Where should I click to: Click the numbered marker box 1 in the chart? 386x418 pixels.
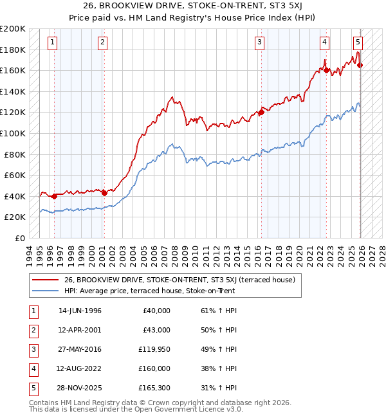52,42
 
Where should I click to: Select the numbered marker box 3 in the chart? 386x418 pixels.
259,42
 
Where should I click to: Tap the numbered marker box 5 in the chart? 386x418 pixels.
358,42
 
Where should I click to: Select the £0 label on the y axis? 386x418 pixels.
21,238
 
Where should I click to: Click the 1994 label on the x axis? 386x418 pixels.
30,253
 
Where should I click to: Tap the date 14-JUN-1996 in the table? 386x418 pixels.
80,311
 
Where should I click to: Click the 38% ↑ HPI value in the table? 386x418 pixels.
217,369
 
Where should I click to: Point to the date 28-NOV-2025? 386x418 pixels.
80,388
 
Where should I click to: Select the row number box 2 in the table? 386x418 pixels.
32,331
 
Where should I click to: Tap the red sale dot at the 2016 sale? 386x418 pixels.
261,113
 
